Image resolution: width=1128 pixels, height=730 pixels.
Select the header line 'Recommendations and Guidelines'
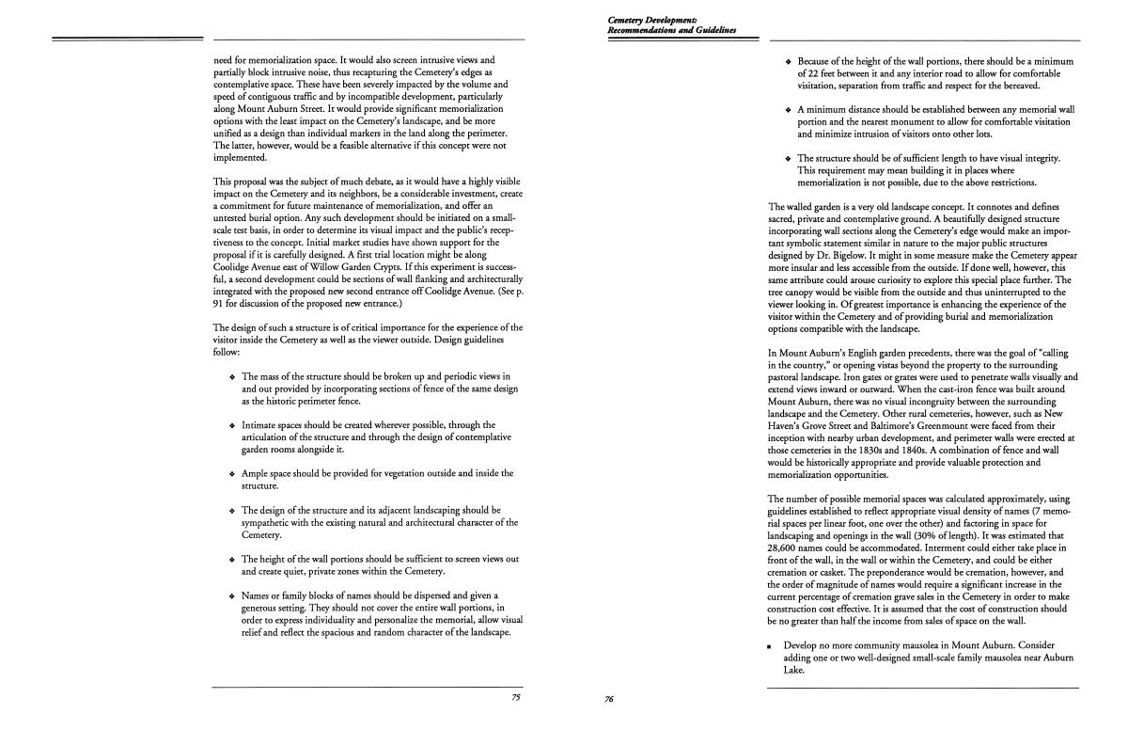[x=671, y=30]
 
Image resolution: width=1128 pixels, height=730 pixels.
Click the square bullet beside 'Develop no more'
[x=769, y=647]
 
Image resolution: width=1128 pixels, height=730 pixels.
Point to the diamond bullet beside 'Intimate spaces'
[x=232, y=425]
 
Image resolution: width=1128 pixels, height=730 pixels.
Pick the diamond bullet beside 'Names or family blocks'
[x=232, y=596]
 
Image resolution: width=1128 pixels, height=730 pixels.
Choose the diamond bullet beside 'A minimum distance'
[x=788, y=110]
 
